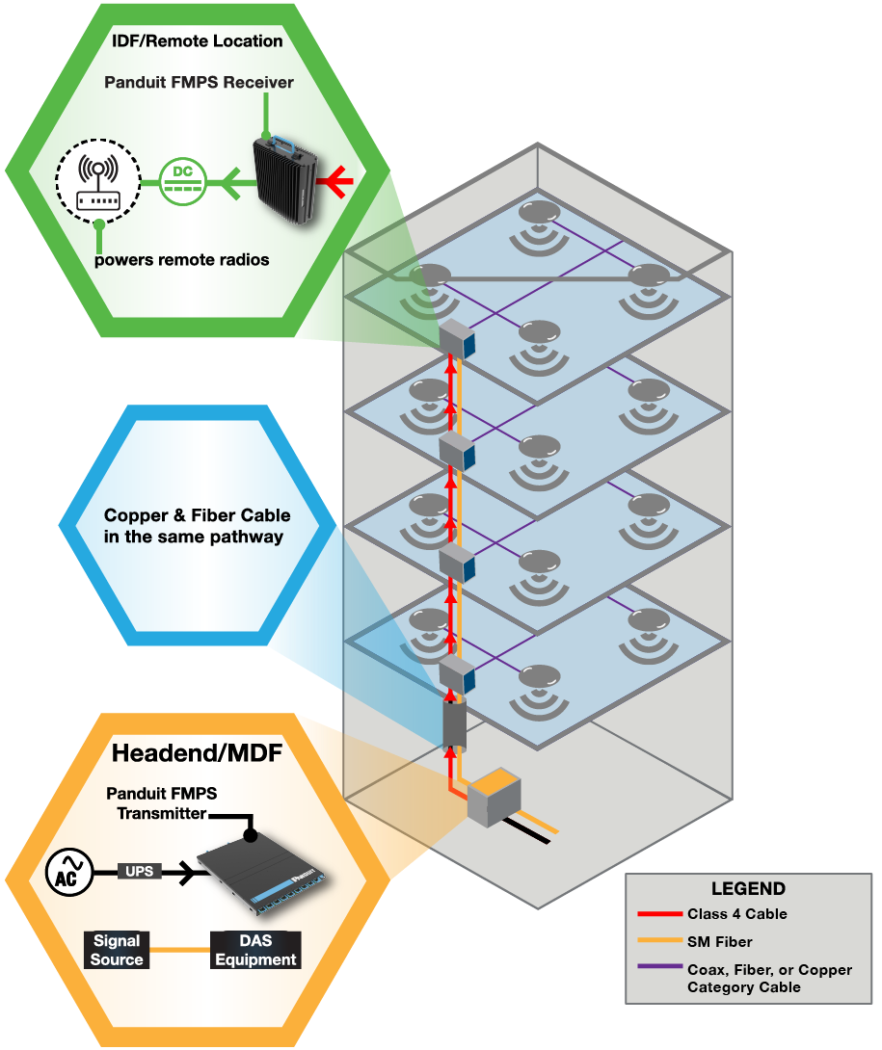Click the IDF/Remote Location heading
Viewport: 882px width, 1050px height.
coord(197,40)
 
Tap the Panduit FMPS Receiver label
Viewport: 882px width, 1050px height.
coord(199,83)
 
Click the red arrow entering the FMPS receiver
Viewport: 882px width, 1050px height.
coord(338,180)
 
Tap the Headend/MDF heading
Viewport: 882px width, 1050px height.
coord(197,752)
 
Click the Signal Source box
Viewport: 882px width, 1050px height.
coord(117,950)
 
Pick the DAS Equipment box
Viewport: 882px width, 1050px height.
coord(255,950)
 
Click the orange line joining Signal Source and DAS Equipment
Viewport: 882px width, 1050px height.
coord(179,950)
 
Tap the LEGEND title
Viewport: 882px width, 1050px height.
coord(748,889)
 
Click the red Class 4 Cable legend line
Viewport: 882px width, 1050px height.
coord(659,914)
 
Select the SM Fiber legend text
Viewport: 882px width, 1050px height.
coord(719,941)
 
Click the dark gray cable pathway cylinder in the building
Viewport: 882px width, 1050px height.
coord(453,726)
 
